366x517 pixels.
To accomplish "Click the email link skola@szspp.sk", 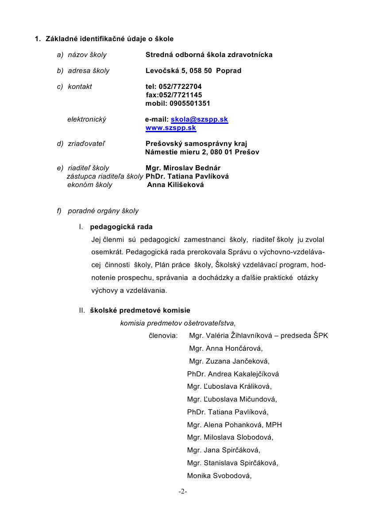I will [199, 119].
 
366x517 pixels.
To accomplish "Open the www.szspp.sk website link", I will [171, 128].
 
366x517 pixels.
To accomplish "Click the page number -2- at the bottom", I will [183, 491].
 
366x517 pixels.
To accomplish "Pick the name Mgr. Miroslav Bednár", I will [183, 168].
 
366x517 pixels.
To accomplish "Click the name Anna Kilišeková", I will [176, 185].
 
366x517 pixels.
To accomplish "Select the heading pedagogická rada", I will [121, 227].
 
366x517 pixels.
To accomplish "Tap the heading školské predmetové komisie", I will [140, 310].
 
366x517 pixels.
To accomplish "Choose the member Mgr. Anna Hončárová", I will [226, 348].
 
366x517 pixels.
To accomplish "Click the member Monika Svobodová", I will [220, 476].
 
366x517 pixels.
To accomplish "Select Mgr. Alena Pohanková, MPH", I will [235, 425].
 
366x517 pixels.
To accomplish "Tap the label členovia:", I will [163, 336].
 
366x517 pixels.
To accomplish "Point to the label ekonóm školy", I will [90, 185].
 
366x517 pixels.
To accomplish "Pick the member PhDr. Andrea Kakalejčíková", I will [233, 374].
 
